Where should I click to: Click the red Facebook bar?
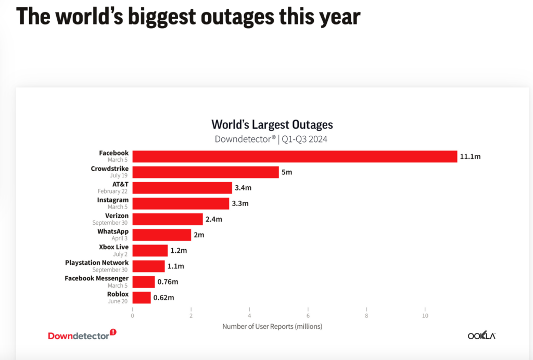point(294,156)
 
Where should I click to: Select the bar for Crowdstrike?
point(206,172)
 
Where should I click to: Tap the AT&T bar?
point(182,188)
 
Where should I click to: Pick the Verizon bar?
point(168,219)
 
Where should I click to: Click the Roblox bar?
point(142,298)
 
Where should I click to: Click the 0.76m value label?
point(168,282)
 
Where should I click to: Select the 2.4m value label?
point(213,219)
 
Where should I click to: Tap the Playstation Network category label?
point(97,263)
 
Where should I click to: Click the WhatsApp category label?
point(113,232)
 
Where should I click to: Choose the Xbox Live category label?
point(113,247)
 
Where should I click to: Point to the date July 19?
point(119,176)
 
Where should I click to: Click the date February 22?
point(113,191)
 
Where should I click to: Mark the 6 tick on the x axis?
point(308,315)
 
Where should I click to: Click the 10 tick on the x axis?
point(425,315)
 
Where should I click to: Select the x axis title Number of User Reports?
point(272,327)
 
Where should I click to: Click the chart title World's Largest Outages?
point(272,124)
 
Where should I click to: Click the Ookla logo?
point(481,336)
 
